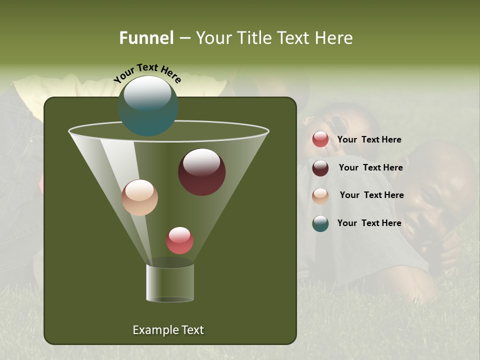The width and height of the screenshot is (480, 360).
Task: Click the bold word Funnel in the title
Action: pos(146,38)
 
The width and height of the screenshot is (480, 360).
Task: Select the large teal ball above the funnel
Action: pos(148,106)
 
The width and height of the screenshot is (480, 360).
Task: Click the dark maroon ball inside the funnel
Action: pos(201,172)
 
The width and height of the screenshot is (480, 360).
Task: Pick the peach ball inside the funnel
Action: pos(139,197)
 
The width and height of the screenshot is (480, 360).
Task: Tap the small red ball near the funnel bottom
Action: pos(179,240)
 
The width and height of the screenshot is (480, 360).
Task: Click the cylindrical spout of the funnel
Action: pos(170,283)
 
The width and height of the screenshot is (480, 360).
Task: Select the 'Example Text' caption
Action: pos(168,330)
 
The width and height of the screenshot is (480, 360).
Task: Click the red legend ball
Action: pos(320,139)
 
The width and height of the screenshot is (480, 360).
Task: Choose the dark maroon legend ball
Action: pos(320,168)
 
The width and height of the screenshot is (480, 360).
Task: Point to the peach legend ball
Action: pos(320,196)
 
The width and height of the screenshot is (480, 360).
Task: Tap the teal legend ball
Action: pos(320,223)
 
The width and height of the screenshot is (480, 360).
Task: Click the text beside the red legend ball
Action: pos(369,139)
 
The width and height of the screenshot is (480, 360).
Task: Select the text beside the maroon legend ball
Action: pos(370,167)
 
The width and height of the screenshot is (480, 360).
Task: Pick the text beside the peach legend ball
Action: pos(371,195)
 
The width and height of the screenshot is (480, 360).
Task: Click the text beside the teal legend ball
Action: pos(369,223)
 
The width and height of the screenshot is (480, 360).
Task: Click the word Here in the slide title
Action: pos(335,38)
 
